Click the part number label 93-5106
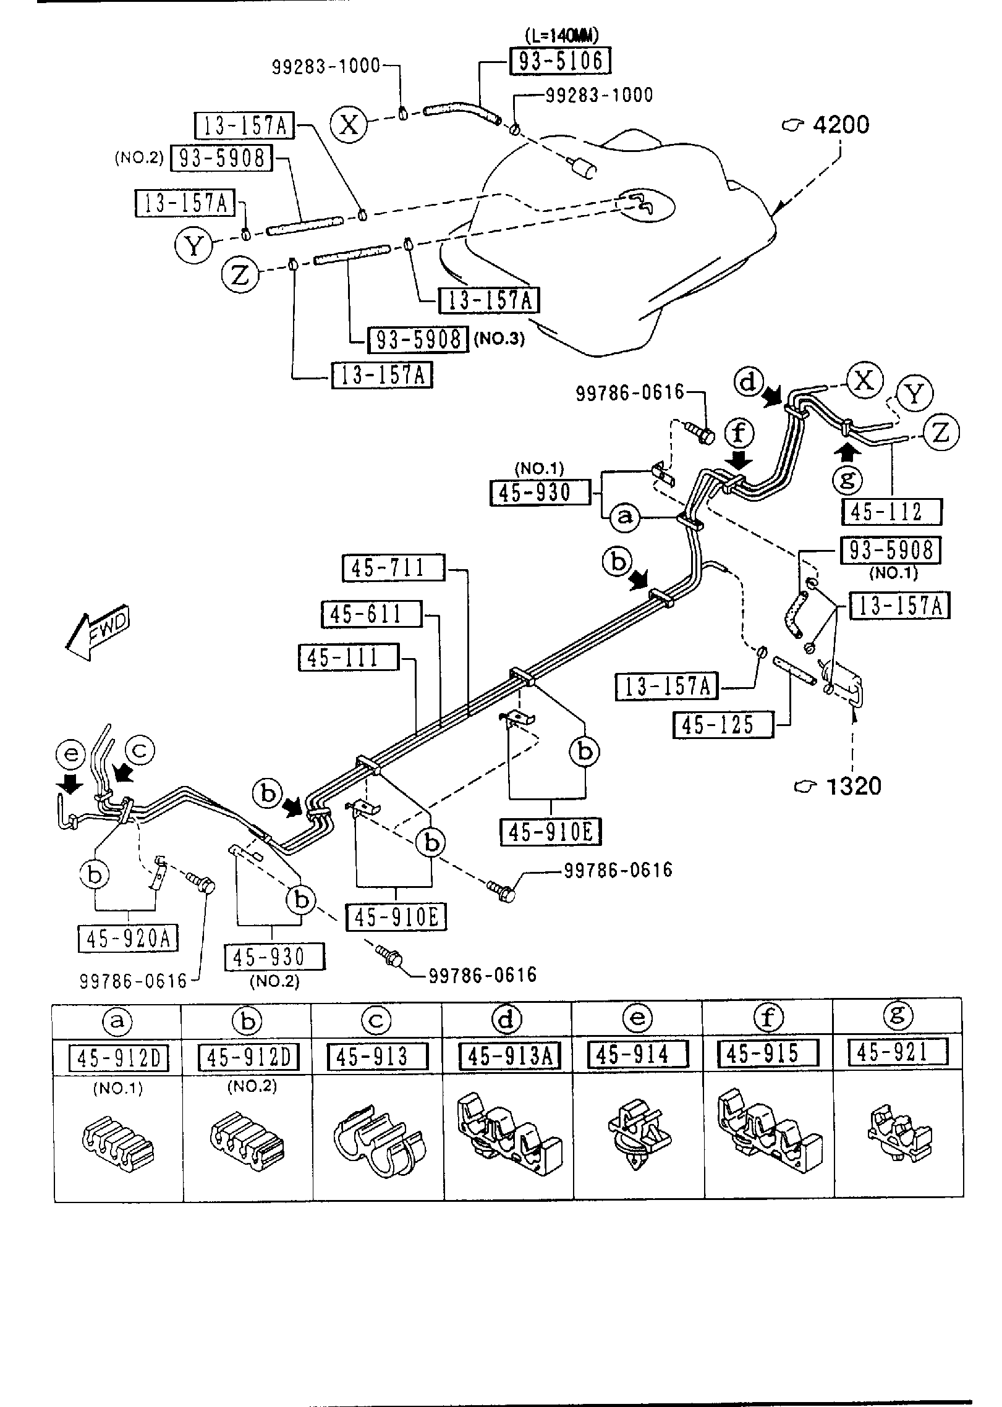click(560, 61)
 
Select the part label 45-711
click(393, 568)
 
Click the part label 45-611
click(372, 614)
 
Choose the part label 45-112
click(893, 512)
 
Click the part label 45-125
click(723, 724)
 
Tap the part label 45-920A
click(129, 939)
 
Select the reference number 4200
click(840, 125)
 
